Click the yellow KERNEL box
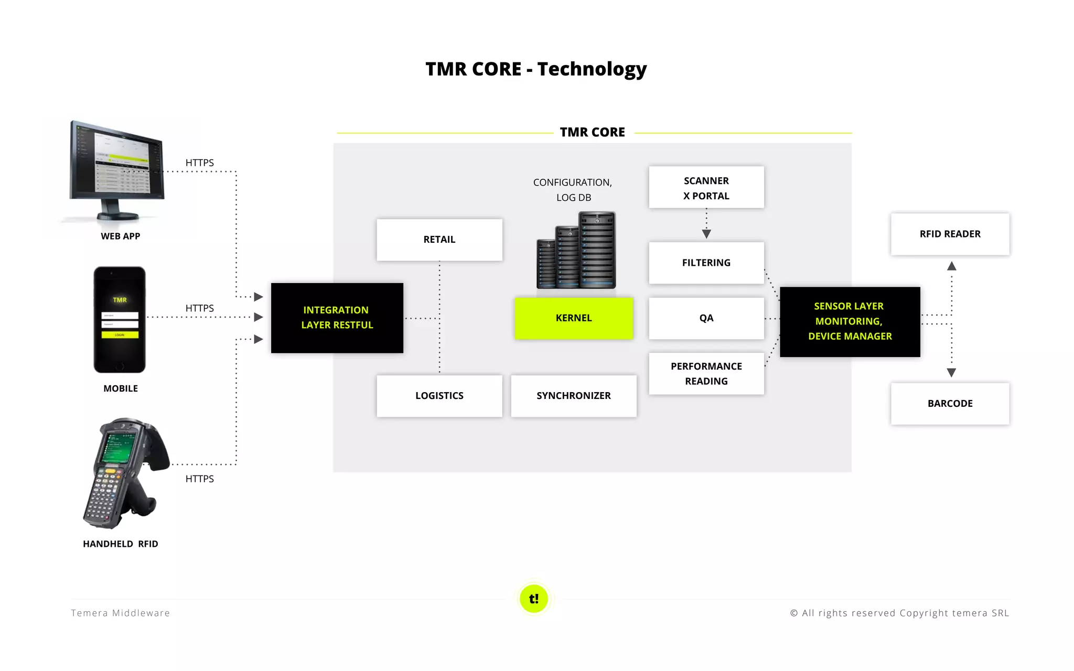(574, 318)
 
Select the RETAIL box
(439, 240)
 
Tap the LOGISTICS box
(439, 396)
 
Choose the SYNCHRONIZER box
(574, 396)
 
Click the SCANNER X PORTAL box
(706, 188)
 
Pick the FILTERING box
(706, 263)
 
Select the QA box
(706, 318)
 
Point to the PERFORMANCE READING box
(706, 374)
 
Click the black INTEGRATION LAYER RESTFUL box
(337, 318)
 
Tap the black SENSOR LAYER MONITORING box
(850, 321)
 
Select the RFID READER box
(950, 234)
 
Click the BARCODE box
(950, 404)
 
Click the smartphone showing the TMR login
(120, 320)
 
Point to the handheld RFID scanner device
(123, 472)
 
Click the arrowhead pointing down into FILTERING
(706, 234)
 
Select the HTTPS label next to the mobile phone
(199, 308)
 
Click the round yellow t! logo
(534, 599)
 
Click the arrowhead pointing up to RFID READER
(952, 266)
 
